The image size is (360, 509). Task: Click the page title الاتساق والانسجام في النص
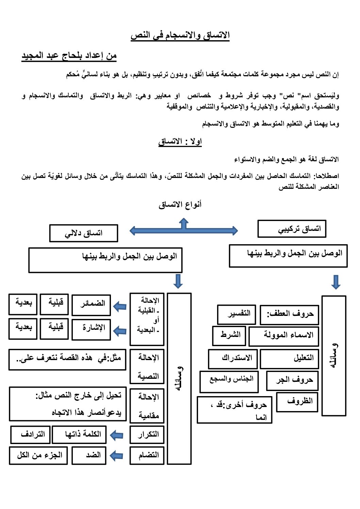click(180, 35)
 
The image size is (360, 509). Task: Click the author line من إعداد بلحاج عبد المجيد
click(69, 56)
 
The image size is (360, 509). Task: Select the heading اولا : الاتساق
click(180, 141)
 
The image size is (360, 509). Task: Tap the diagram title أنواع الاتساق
click(180, 205)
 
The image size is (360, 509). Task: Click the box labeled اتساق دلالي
click(84, 233)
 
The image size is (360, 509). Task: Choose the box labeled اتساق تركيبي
click(292, 229)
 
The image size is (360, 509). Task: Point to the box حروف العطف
click(290, 315)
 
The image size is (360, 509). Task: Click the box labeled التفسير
click(236, 314)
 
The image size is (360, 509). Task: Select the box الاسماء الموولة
click(284, 336)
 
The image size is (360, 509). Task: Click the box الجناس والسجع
click(229, 381)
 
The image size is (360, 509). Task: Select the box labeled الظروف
click(297, 402)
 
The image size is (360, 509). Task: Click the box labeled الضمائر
click(91, 305)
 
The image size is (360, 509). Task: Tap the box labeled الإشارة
click(91, 329)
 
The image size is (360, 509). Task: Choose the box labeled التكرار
click(147, 435)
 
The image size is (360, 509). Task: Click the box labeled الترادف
click(30, 435)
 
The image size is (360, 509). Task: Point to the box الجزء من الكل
click(38, 456)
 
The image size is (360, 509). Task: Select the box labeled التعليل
click(290, 359)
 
